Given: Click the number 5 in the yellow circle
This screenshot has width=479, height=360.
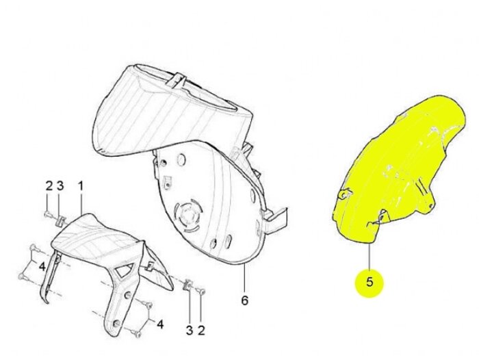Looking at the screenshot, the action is pos(370,282).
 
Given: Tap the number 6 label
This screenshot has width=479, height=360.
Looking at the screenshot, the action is pos(245,300).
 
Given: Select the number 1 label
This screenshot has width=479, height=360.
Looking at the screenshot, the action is pos(81,185).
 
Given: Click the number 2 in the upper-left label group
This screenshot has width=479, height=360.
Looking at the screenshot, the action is pos(49,185).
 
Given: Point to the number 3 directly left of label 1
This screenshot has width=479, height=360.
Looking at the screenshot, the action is pos(60,185).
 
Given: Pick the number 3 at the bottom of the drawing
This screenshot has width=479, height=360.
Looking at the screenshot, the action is pos(190,330).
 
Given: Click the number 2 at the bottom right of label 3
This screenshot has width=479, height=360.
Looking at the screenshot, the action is pos(201,330).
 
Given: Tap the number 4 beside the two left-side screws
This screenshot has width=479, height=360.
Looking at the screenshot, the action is pos(42,266).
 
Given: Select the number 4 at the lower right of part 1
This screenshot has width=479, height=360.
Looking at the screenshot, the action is pos(160,324).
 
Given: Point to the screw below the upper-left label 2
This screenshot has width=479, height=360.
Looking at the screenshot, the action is pos(47,214).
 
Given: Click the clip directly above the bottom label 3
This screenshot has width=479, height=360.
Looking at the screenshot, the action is pos(187,285).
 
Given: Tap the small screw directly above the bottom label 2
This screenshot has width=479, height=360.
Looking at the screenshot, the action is pos(202,292).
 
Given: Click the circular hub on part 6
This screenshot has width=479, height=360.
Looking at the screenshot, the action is pos(188,214).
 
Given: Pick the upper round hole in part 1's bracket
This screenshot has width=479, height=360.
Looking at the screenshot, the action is pos(129,295).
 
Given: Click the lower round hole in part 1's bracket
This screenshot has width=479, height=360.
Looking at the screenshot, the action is pos(116,323).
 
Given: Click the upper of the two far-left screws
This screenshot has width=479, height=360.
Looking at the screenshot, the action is pos(34,248).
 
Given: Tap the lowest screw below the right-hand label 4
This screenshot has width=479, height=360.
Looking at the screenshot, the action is pos(137,334).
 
